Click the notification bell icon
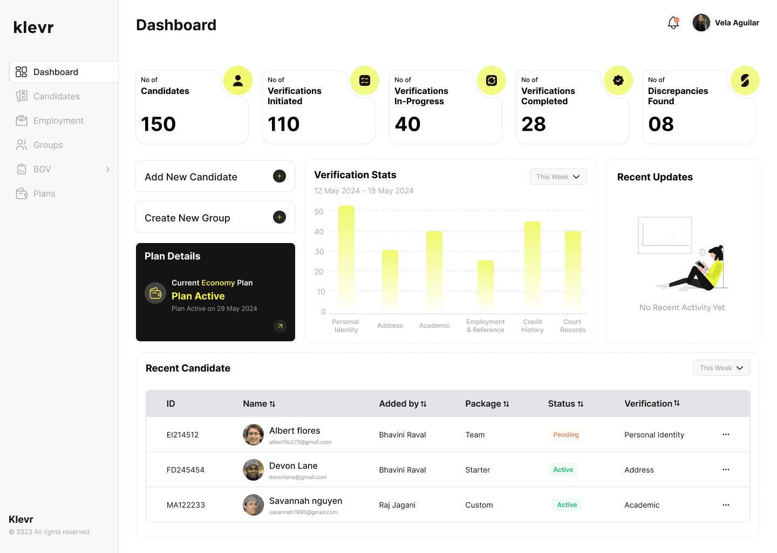673,23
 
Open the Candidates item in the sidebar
56,96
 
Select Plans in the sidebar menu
44,193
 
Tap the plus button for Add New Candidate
280,176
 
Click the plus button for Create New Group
280,217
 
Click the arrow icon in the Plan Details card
280,326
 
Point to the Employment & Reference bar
486,286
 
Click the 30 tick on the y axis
319,252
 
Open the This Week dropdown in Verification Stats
558,177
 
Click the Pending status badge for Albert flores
565,435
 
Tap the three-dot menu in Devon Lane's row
726,470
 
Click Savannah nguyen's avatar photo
253,505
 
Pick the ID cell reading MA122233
186,505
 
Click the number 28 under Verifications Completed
534,124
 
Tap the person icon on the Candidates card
238,80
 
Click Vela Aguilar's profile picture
701,23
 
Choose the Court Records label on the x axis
572,326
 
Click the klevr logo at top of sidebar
33,27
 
